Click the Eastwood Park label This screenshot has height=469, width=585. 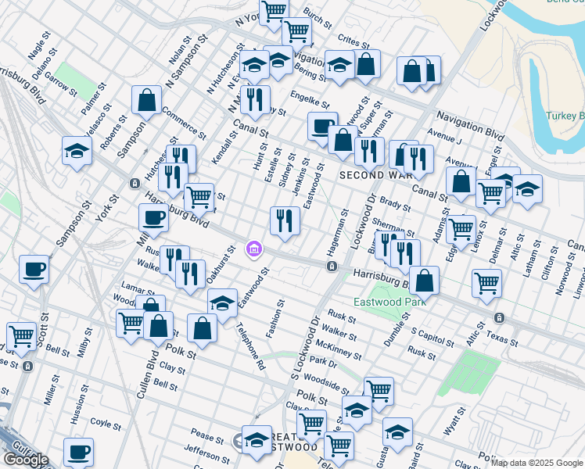[x=389, y=301]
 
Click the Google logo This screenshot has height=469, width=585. [x=26, y=460]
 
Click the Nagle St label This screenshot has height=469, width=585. [x=38, y=49]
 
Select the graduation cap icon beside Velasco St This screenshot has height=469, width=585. [x=77, y=151]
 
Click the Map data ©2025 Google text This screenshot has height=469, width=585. [x=537, y=463]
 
